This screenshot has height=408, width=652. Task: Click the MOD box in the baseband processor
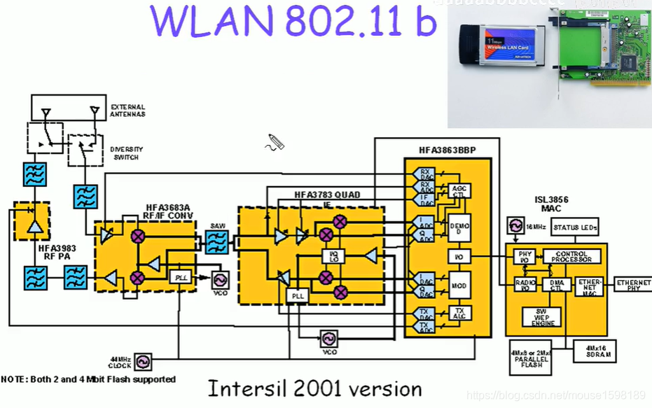click(x=459, y=286)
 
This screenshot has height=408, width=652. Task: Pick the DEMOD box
click(x=459, y=228)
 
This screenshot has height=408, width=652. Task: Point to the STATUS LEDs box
click(x=576, y=227)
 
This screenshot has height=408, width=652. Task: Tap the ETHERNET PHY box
click(x=633, y=285)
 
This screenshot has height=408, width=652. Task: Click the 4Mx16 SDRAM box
click(x=595, y=351)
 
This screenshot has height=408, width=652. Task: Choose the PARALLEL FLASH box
click(x=530, y=358)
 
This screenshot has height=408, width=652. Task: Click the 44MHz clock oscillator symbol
click(x=143, y=362)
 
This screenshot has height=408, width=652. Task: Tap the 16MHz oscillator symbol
click(x=516, y=226)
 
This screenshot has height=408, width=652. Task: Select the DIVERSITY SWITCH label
click(x=125, y=153)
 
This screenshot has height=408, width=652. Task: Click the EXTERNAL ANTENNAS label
click(x=128, y=111)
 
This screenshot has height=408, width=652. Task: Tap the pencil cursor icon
click(x=275, y=143)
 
